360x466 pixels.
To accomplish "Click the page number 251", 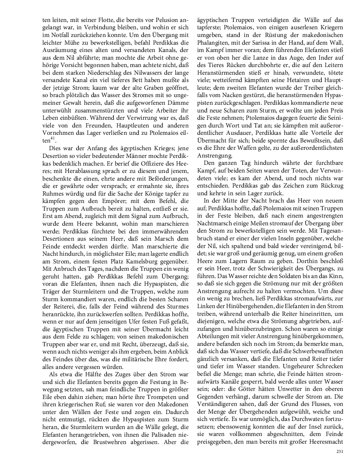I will pos(339,452).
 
